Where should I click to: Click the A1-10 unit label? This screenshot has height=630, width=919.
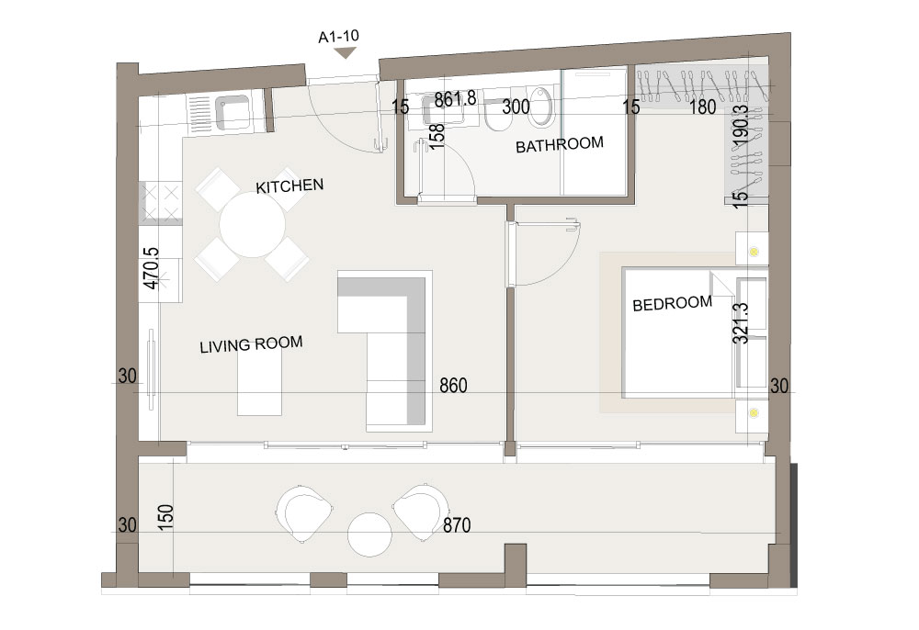(x=338, y=37)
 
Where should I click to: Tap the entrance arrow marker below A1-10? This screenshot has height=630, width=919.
(x=346, y=52)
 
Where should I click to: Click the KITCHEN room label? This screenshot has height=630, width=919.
(x=289, y=186)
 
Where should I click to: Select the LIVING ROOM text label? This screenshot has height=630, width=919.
(x=251, y=344)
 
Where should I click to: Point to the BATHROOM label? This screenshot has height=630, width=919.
(x=559, y=144)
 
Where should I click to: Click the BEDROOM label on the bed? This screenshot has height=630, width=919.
(x=673, y=303)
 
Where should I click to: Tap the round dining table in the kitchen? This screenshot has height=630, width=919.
(x=252, y=225)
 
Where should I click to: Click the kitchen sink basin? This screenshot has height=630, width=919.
(x=233, y=112)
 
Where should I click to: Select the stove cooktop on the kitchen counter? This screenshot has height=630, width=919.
(x=161, y=202)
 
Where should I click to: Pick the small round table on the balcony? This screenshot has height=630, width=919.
(x=369, y=534)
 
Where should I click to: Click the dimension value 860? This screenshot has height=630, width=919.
(x=454, y=386)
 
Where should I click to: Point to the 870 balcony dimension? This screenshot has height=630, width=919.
(x=457, y=525)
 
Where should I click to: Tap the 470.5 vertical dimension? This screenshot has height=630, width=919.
(x=152, y=268)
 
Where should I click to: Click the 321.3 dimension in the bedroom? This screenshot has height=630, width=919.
(x=741, y=322)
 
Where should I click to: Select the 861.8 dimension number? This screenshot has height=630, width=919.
(x=455, y=98)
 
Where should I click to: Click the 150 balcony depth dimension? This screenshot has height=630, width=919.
(x=165, y=518)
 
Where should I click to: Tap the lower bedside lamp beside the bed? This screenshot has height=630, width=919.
(x=754, y=412)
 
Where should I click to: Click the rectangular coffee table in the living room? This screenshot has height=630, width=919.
(x=259, y=379)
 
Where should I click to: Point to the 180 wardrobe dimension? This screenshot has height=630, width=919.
(x=703, y=107)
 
